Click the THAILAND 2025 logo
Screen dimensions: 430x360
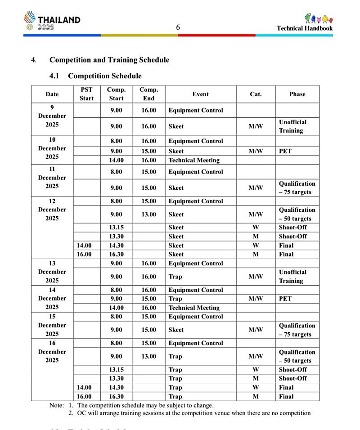[x=52, y=21]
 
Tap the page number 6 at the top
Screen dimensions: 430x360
[x=178, y=27]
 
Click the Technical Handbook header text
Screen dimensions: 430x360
[x=305, y=28]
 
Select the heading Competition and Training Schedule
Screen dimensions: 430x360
[x=109, y=60]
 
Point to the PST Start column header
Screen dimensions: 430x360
[x=86, y=94]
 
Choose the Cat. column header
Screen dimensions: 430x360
[x=256, y=94]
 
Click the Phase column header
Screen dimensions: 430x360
[x=297, y=94]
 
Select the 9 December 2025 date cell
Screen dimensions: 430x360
[x=52, y=116]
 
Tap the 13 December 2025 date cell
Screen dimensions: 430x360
[x=52, y=272]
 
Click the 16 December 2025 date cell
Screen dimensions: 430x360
[x=52, y=352]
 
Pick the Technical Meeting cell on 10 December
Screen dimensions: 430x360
[x=194, y=160]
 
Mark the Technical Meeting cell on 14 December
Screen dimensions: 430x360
[x=194, y=308]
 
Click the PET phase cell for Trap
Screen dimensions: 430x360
[x=285, y=299]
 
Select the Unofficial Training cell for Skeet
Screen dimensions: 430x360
[x=292, y=126]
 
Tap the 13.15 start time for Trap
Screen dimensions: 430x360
[x=116, y=370]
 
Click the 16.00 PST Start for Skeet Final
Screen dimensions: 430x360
[x=84, y=254]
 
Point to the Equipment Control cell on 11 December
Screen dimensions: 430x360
[x=196, y=172]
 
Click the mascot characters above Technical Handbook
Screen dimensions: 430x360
[x=319, y=18]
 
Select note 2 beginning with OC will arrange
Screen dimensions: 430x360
[x=193, y=413]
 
